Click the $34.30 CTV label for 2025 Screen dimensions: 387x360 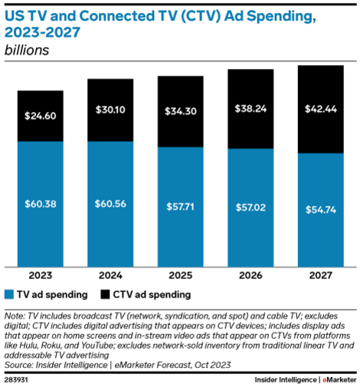(x=180, y=111)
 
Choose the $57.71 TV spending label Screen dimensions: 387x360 (x=180, y=207)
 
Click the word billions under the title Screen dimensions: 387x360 (x=28, y=51)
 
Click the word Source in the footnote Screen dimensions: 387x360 (x=19, y=363)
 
